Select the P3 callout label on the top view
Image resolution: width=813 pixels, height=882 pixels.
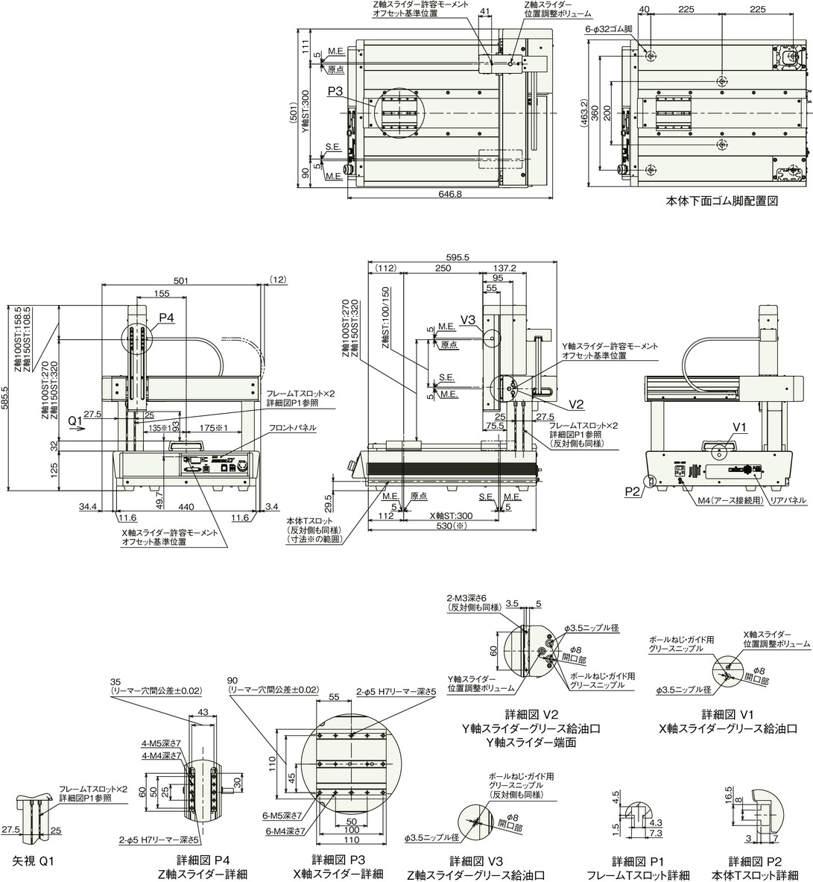pos(335,92)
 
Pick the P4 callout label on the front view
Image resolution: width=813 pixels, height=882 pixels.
pos(165,318)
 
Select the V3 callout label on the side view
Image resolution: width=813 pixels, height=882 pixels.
pos(468,319)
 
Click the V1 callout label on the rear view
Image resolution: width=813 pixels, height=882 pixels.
pos(739,426)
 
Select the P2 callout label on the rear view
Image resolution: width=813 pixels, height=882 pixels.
pos(633,491)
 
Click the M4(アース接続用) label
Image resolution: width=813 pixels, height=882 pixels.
pos(724,501)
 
